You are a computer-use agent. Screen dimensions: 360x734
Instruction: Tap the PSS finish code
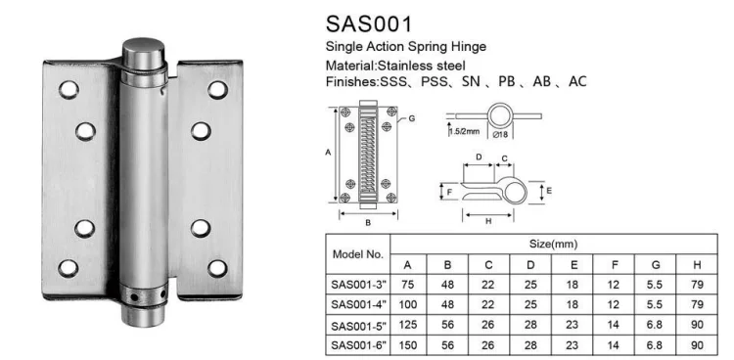[436, 81]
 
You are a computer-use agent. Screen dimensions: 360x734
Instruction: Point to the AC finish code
[576, 81]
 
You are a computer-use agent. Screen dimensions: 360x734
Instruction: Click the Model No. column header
[357, 253]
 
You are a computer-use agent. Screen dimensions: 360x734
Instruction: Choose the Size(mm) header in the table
[553, 242]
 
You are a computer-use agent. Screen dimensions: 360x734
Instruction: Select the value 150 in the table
[410, 345]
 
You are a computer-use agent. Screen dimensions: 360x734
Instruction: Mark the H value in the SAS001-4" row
[696, 305]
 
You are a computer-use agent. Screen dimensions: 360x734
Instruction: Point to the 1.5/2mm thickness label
[463, 131]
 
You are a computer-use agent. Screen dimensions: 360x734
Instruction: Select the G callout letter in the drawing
[411, 118]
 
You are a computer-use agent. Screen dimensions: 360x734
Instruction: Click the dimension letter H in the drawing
[486, 221]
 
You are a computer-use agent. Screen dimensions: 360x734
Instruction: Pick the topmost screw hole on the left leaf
[68, 90]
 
